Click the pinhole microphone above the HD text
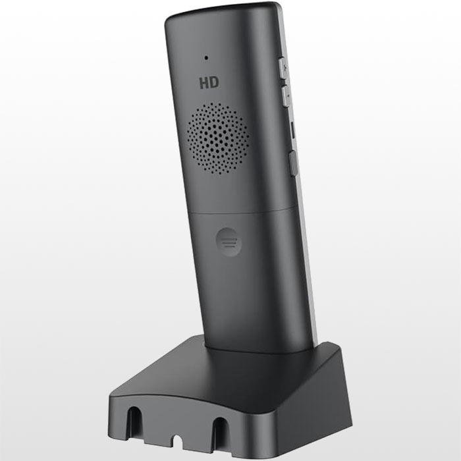[x=206, y=58]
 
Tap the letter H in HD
[x=204, y=83]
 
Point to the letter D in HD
[x=215, y=82]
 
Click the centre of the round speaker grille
[x=218, y=138]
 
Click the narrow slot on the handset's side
[x=293, y=129]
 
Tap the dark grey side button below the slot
[x=293, y=163]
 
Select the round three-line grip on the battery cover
[x=229, y=242]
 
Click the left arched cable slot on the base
[x=134, y=422]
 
